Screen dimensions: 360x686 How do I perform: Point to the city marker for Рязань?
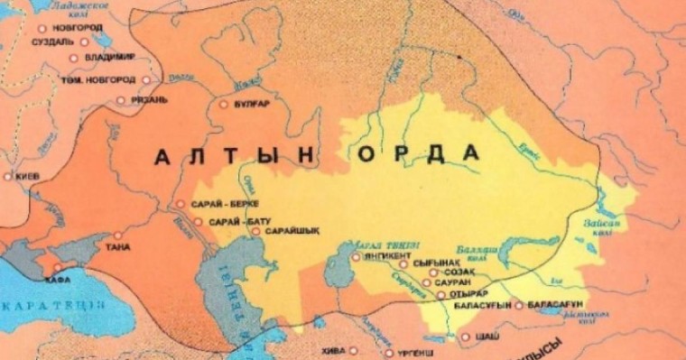point(122,100)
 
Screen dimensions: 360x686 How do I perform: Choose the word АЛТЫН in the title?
point(235,156)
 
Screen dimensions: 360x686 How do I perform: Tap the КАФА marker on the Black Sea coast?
point(57,267)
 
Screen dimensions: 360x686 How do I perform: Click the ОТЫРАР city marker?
point(441,294)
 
